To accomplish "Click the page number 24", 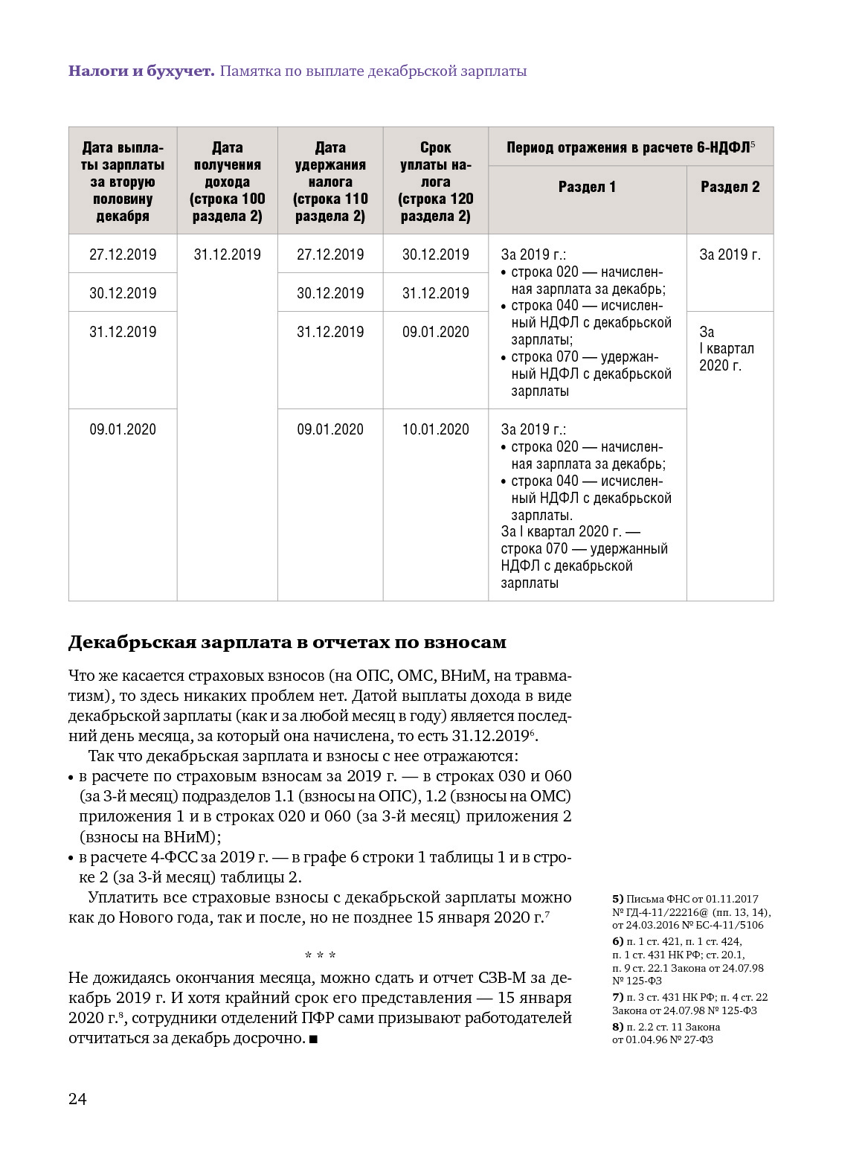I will point(77,1099).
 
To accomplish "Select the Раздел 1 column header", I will point(587,187).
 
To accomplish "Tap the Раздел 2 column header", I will point(730,187).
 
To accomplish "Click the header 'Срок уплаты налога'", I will point(435,182).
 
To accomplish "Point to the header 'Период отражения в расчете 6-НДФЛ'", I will point(630,147).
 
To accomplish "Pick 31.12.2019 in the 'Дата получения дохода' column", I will point(227,254).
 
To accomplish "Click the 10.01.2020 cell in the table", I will point(435,429).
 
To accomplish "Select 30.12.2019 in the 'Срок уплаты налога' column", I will point(435,254).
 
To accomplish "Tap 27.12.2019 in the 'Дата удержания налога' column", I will point(330,254).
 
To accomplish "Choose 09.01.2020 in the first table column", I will point(123,429).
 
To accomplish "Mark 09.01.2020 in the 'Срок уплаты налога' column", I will point(435,332).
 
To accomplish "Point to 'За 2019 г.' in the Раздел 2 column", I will point(730,254).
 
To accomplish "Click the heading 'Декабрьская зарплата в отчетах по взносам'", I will point(287,642).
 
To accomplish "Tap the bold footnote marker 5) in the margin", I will point(618,899).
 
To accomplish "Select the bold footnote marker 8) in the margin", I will point(618,1027).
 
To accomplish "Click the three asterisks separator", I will point(320,955).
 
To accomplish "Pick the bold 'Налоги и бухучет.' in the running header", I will point(141,71).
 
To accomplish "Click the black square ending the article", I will point(313,1039).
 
